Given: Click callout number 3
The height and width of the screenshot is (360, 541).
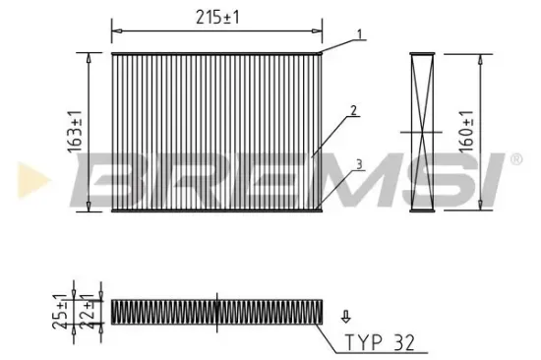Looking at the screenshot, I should coord(361,165).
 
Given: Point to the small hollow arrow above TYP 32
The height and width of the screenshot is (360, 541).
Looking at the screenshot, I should coord(344,317).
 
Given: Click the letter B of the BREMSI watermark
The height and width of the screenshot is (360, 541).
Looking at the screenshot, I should coord(103,179).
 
